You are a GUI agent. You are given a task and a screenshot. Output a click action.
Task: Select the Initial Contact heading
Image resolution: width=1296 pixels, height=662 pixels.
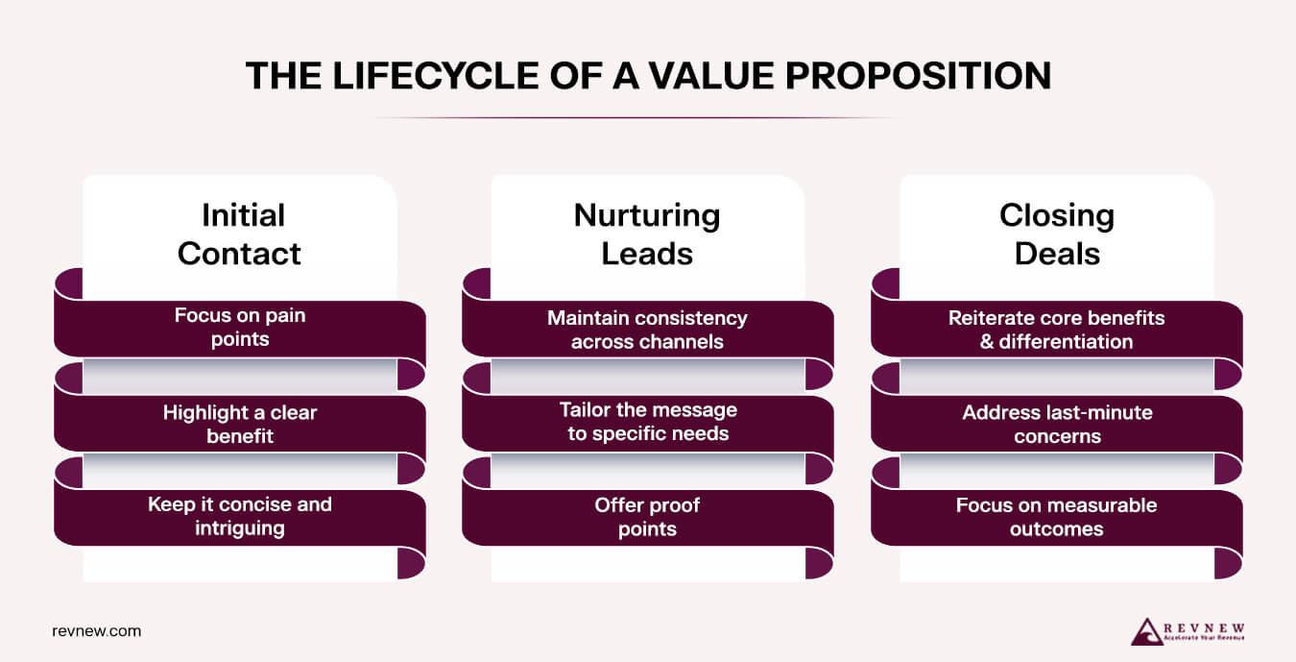tap(239, 233)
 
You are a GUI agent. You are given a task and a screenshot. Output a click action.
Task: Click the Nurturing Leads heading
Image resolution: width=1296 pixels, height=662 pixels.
tap(647, 233)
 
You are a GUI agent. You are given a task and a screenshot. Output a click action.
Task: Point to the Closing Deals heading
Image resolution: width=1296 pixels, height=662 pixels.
tap(1056, 233)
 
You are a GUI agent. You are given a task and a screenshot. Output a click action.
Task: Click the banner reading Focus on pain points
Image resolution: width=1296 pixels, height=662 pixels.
tap(239, 328)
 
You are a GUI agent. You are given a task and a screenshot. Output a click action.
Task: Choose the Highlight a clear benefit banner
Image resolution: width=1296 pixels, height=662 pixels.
tap(239, 424)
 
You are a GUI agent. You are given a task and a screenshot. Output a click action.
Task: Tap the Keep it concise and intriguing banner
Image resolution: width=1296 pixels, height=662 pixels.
tap(239, 516)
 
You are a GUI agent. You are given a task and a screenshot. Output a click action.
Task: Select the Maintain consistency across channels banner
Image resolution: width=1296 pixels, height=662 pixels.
tap(647, 329)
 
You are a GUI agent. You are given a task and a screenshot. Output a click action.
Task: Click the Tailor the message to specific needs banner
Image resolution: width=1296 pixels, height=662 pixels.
tap(647, 422)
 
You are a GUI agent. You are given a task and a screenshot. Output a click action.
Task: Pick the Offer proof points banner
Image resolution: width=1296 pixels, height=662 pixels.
tap(647, 517)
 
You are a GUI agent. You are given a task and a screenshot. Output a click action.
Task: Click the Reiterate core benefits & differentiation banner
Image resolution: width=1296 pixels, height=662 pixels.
tap(1056, 329)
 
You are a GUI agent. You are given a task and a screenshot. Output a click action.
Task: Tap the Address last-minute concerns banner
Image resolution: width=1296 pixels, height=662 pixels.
tap(1056, 424)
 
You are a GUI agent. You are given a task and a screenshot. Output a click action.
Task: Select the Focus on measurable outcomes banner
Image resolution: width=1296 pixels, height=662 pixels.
tap(1056, 517)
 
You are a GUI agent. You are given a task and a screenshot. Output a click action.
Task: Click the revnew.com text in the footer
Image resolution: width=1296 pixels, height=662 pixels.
tap(96, 631)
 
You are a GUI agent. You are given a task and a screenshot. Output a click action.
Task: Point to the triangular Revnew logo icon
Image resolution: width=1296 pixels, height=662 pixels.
tap(1147, 631)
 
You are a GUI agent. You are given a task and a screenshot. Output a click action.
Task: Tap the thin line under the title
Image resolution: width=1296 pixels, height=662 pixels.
tap(637, 118)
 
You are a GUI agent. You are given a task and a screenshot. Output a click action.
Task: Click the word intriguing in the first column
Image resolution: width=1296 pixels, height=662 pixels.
tap(239, 527)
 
